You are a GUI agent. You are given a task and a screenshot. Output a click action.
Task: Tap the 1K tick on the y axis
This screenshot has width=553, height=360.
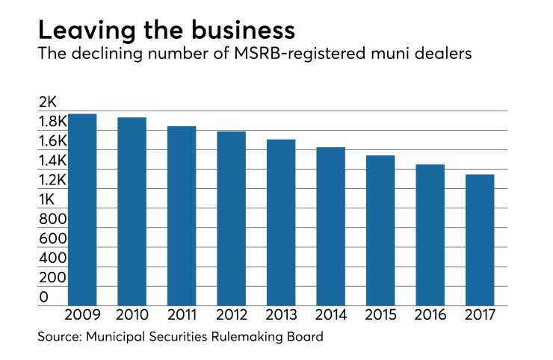click(x=47, y=199)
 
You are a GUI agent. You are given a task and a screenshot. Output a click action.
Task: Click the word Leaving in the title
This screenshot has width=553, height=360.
click(x=82, y=31)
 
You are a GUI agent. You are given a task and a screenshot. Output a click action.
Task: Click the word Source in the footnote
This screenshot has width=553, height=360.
click(x=61, y=338)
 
